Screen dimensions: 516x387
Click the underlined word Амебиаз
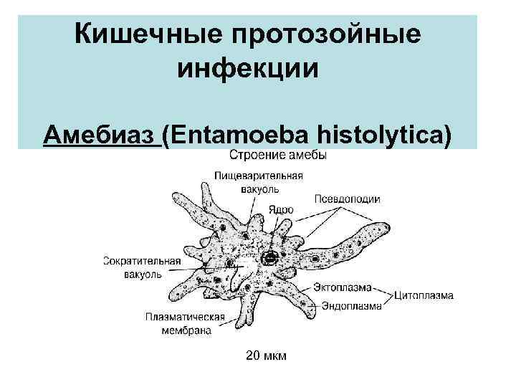[101, 134]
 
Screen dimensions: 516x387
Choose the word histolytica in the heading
[390, 134]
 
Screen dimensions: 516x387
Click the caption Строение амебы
[278, 156]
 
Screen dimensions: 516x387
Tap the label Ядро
[281, 210]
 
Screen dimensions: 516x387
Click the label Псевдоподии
[347, 199]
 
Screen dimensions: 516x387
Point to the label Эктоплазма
[342, 287]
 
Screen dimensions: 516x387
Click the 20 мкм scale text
[265, 355]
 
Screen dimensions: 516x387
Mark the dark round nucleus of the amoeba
[270, 259]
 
